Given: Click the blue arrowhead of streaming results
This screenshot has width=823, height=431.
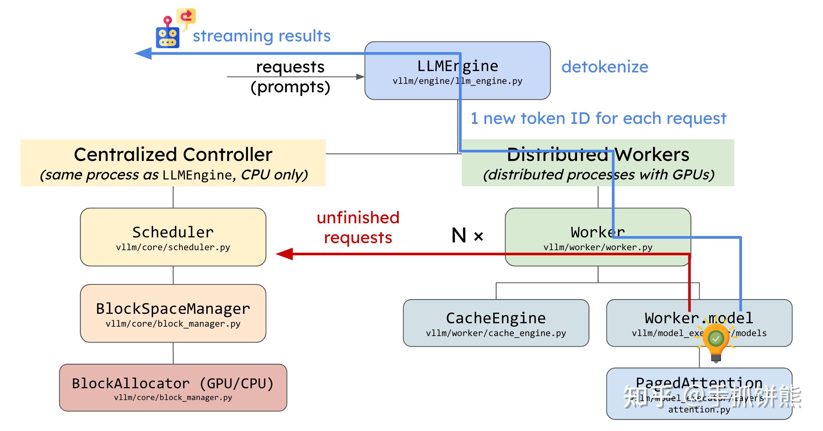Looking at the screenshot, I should click(x=143, y=53).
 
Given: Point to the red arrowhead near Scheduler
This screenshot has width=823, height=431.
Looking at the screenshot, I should click(x=284, y=254).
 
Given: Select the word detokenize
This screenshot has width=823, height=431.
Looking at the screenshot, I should click(x=605, y=67).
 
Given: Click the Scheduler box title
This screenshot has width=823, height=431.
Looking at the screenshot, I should click(x=173, y=232).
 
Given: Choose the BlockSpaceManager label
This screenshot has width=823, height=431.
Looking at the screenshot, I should click(x=173, y=308).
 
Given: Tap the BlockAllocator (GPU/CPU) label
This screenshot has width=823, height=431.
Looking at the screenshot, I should click(x=173, y=383).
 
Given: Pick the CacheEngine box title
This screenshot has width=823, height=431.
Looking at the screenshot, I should click(x=496, y=318).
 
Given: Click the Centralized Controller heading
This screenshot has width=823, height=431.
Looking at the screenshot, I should click(x=173, y=155).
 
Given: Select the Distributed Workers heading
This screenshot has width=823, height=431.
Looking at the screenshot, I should click(x=598, y=155).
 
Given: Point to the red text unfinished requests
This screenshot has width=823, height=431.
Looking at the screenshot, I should click(x=358, y=228).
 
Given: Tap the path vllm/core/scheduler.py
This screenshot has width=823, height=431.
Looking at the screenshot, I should click(x=173, y=247).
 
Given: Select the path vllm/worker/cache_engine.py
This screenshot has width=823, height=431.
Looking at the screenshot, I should click(x=496, y=333).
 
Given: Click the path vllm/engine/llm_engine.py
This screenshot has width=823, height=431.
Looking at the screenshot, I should click(x=457, y=81).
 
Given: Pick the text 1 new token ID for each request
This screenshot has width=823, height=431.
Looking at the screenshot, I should click(x=598, y=119).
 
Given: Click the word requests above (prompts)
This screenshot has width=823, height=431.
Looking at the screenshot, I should click(x=290, y=67).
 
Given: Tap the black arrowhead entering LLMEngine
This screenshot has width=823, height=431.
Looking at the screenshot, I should click(x=360, y=77).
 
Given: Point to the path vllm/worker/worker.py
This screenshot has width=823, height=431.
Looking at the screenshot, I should click(x=598, y=247).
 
